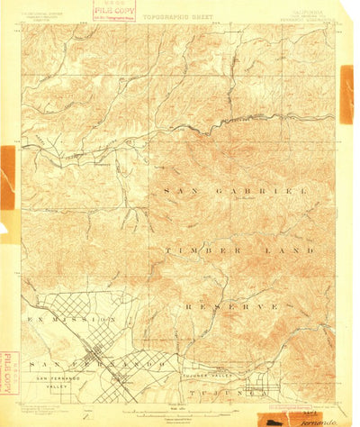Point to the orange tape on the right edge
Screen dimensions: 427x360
tap(346, 95)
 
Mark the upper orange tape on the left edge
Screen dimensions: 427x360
tap(7, 176)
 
